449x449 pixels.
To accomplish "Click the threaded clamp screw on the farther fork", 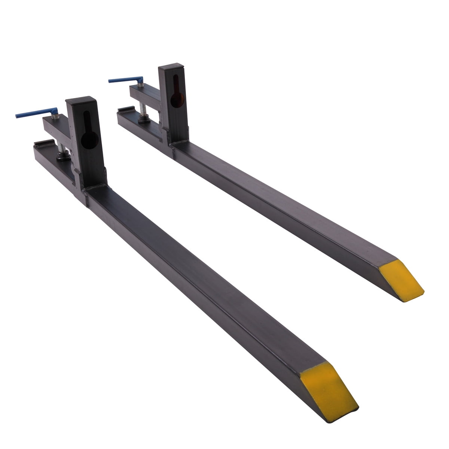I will click(x=143, y=109).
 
